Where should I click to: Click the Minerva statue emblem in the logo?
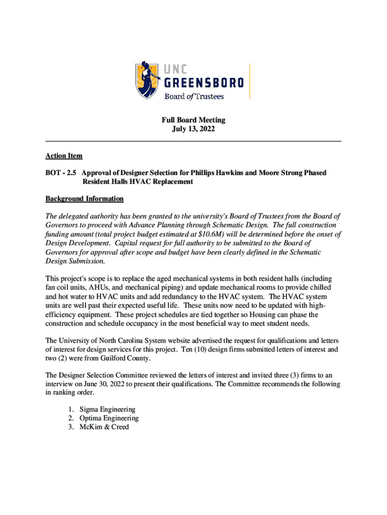pos(148,80)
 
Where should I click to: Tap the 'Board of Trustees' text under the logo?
pos(195,96)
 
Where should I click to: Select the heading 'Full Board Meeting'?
pos(193,120)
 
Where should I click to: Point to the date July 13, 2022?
pos(193,129)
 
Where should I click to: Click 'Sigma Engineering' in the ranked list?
pos(107,409)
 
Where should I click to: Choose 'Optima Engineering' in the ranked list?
pos(109,418)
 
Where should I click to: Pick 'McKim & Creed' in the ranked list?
pos(104,427)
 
